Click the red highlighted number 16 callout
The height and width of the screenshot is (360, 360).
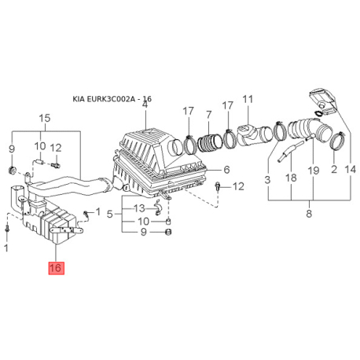coord(56,268)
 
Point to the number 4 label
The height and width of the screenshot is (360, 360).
coord(145,105)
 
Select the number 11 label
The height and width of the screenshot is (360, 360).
coord(248,99)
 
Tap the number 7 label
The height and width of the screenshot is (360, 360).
coord(208,115)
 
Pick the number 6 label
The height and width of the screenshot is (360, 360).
coord(226,170)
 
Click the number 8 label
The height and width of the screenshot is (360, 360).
coord(309,214)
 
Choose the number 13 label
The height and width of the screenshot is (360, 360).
coord(139,208)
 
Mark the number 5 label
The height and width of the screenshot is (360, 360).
coord(110,215)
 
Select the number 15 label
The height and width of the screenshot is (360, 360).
coord(45,118)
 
